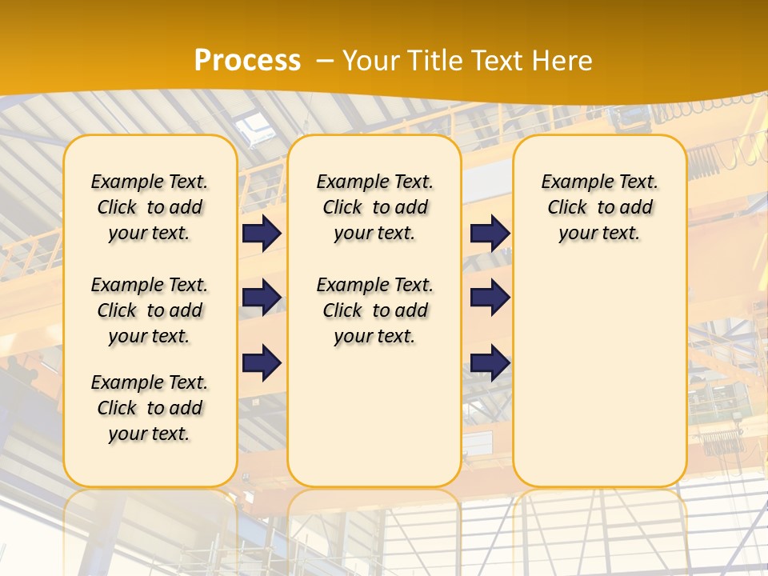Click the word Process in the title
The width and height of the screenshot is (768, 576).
(247, 60)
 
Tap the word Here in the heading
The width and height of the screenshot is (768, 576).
(561, 60)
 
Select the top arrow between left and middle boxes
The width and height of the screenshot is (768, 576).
(262, 233)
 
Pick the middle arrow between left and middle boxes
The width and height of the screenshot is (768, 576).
(262, 298)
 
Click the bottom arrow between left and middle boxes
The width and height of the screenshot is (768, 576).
(262, 362)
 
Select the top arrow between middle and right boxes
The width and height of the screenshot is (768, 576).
(490, 233)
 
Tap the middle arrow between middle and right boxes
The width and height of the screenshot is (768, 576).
(490, 298)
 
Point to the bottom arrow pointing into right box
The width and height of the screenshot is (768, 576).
(490, 362)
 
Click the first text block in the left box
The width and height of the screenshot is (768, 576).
(150, 207)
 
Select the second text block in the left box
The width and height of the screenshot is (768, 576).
(150, 310)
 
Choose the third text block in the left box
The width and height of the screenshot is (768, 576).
(150, 408)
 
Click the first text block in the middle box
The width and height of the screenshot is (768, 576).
(374, 207)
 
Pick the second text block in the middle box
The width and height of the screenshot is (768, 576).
(374, 310)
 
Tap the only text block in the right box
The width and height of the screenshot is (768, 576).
(599, 207)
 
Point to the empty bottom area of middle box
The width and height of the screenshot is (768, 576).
(374, 416)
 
